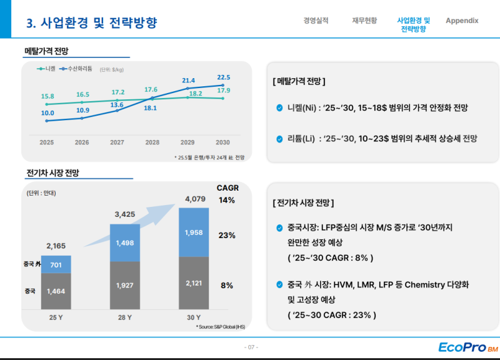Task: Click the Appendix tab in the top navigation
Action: pos(461,21)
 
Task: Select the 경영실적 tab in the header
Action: pos(315,21)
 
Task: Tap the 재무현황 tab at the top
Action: pos(364,21)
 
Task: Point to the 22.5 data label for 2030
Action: pos(223,77)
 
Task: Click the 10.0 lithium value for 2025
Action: pos(47,113)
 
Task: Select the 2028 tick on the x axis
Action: pos(152,142)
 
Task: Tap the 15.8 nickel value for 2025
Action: pos(47,96)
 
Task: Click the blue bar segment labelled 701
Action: pos(56,265)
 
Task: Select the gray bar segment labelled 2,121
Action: pos(194,283)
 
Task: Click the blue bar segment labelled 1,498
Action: pos(125,243)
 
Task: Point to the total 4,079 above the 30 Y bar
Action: pos(194,199)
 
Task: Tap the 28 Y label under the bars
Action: pos(125,317)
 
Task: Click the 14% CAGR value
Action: pos(226,200)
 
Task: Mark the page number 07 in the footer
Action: pos(250,347)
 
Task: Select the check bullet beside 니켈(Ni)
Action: pos(279,107)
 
